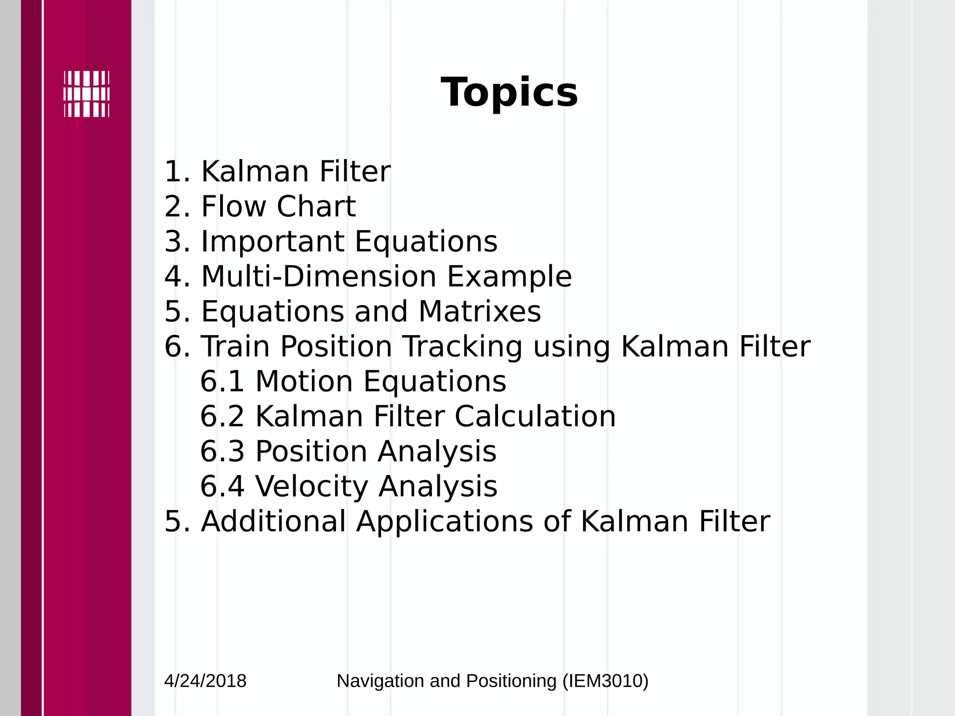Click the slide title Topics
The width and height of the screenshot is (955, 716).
coord(509,92)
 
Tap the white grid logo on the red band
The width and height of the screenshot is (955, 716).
coord(87,94)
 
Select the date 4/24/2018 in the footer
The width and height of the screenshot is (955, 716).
coord(205,681)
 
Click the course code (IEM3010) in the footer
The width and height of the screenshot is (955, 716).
coord(605,681)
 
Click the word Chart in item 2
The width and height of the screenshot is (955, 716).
coord(316,207)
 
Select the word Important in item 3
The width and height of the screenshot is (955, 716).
coord(272,241)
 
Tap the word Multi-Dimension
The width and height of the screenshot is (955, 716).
coord(318,276)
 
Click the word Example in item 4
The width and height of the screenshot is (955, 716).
coord(509,277)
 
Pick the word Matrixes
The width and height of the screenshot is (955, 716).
coord(479,311)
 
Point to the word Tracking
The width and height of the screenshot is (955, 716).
coord(463,348)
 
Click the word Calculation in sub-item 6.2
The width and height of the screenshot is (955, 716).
coord(535,416)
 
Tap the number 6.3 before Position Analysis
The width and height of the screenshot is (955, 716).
coord(222,452)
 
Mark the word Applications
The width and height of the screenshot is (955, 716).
coord(444,522)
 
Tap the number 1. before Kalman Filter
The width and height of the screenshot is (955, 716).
coord(177,172)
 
